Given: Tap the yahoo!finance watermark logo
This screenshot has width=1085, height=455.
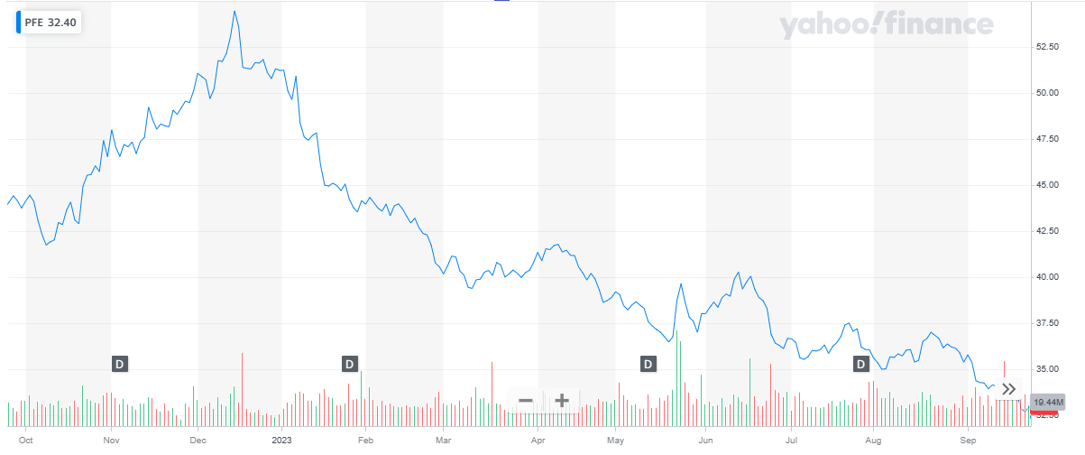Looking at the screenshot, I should (x=887, y=25).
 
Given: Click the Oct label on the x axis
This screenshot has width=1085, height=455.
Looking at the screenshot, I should (x=25, y=441).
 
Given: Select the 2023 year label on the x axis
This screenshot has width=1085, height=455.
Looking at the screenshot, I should (x=282, y=441).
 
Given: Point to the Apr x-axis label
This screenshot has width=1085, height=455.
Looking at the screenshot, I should (x=538, y=441).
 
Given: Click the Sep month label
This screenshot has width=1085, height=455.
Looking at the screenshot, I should (x=968, y=441).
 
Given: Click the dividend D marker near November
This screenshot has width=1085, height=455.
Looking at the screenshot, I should (x=120, y=364).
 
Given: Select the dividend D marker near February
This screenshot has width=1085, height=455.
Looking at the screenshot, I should (x=350, y=364).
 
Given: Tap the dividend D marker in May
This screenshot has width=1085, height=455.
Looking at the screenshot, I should (x=648, y=364).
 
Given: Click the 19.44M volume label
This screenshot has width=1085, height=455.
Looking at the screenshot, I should (x=1049, y=402).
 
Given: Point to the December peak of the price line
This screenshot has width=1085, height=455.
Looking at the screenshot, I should (x=234, y=12).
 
